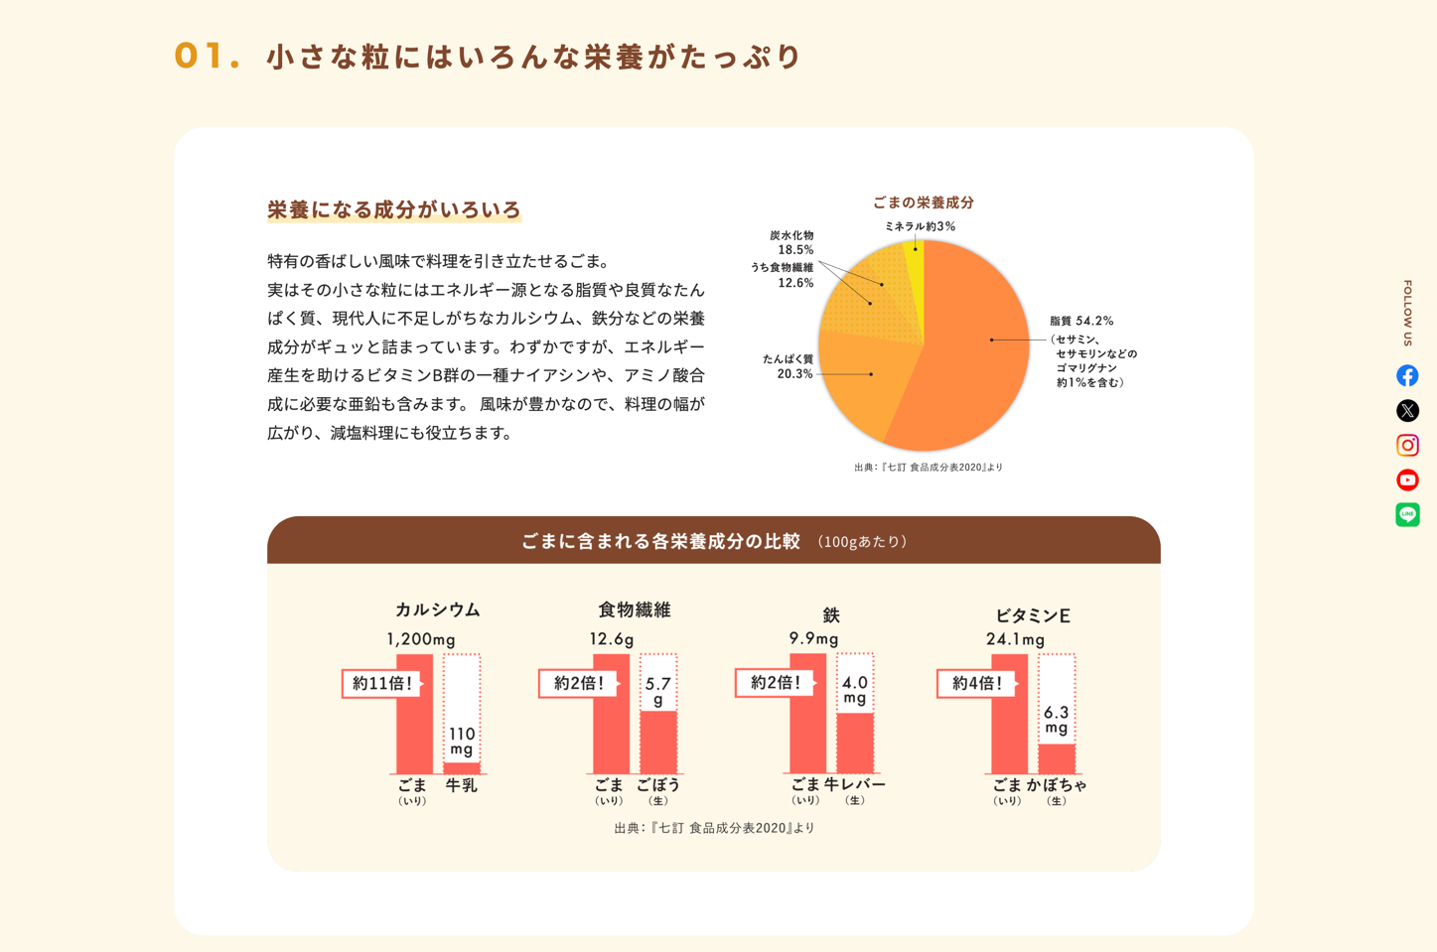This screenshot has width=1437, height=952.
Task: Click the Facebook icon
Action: (1407, 375)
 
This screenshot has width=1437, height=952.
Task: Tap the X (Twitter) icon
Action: (1407, 410)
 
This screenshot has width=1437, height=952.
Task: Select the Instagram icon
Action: (1407, 445)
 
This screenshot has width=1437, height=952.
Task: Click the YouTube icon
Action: (1407, 479)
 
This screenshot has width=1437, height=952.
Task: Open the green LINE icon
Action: (1407, 514)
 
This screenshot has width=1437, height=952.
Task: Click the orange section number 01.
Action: (207, 56)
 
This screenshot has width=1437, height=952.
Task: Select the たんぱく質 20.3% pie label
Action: (788, 366)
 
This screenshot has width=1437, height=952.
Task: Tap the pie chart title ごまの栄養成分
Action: (923, 203)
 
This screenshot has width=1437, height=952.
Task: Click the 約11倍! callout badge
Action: (381, 683)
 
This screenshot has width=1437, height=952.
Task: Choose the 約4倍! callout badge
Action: (976, 683)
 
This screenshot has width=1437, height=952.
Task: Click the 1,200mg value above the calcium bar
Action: (420, 639)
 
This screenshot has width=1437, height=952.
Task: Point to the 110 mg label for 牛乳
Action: (462, 741)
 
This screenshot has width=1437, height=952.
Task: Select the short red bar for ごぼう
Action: (657, 742)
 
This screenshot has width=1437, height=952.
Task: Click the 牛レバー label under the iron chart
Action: (854, 785)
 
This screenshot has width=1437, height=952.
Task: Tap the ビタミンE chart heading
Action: (1032, 615)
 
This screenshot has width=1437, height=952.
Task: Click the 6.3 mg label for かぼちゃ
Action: (1056, 720)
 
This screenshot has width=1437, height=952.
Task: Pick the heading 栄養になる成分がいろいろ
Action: (393, 209)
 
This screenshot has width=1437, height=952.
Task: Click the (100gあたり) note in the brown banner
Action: (862, 542)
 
